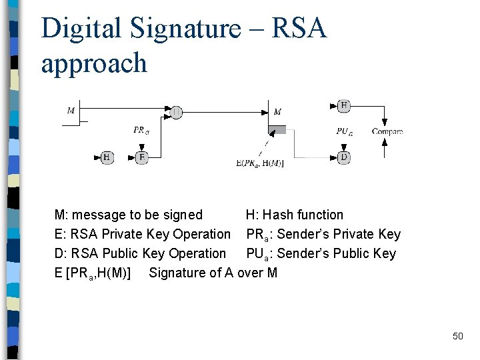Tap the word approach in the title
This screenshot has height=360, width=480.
pyautogui.click(x=93, y=64)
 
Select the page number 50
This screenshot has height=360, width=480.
pyautogui.click(x=457, y=336)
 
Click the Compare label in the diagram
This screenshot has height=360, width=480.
pyautogui.click(x=387, y=131)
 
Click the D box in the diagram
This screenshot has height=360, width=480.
pyautogui.click(x=344, y=157)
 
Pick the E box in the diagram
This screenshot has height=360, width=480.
pyautogui.click(x=141, y=157)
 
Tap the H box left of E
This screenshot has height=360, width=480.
pyautogui.click(x=107, y=157)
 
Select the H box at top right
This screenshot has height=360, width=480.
pyautogui.click(x=344, y=105)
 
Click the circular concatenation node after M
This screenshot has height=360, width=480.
pyautogui.click(x=176, y=112)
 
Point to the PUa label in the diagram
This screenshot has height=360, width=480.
pyautogui.click(x=344, y=131)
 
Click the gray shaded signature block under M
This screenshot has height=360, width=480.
pyautogui.click(x=277, y=129)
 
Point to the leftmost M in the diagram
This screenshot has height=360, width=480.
pyautogui.click(x=71, y=111)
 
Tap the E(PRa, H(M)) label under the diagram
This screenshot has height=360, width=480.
pyautogui.click(x=260, y=163)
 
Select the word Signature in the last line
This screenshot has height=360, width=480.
pyautogui.click(x=176, y=273)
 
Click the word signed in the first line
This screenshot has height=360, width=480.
pyautogui.click(x=183, y=215)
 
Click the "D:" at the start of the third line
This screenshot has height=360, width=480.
pyautogui.click(x=59, y=253)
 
